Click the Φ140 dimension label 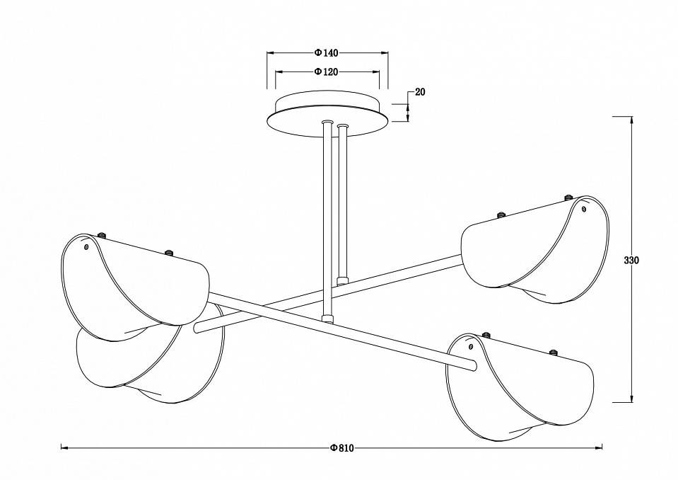[x=327, y=52]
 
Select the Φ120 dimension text [x=327, y=72]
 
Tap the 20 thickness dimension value [x=420, y=92]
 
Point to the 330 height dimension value [x=631, y=261]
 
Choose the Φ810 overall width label [x=341, y=447]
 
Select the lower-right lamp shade [x=520, y=386]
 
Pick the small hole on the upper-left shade [x=86, y=248]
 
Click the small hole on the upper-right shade [x=584, y=208]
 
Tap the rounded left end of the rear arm [x=198, y=326]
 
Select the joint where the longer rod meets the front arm [x=327, y=319]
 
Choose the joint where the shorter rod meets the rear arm [x=344, y=280]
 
